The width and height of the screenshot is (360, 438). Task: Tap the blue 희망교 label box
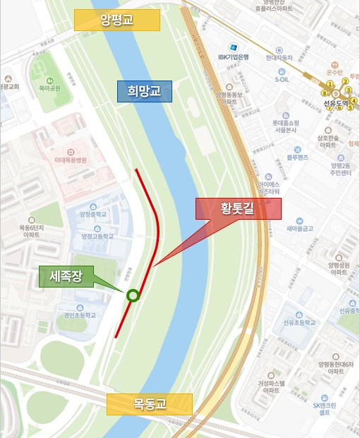145,91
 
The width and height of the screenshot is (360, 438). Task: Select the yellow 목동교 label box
149,404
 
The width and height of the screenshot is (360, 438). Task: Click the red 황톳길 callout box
239,208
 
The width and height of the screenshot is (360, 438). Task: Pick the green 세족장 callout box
66,276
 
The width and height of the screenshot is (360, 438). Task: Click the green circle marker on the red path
132,296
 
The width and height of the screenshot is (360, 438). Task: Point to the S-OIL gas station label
282,80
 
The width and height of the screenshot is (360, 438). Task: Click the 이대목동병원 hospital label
71,160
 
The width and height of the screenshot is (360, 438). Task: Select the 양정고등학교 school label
97,237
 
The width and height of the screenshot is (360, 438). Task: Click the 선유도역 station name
337,103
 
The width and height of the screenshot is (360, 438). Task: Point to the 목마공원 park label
50,88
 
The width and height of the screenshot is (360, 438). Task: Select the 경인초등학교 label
79,314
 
